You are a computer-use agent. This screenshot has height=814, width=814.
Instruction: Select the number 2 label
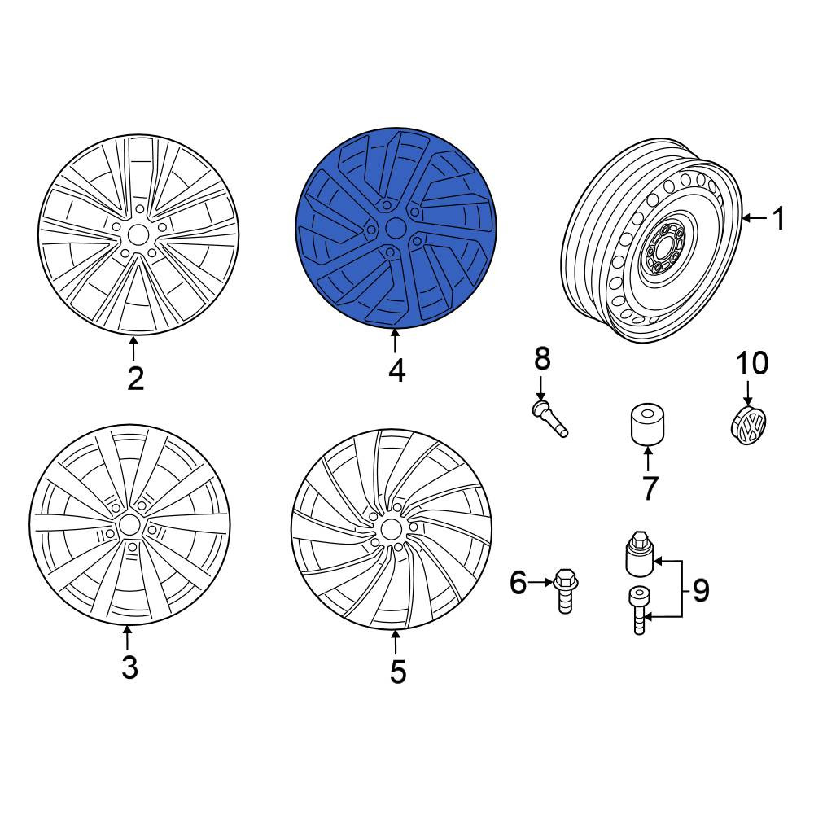click(135, 379)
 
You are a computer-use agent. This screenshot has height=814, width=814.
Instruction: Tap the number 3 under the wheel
click(129, 667)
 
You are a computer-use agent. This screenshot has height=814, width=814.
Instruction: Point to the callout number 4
click(396, 370)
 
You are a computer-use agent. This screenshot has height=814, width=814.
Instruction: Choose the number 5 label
click(398, 672)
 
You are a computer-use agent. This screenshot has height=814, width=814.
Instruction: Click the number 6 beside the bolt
click(518, 583)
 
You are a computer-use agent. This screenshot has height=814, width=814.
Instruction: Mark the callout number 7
click(650, 488)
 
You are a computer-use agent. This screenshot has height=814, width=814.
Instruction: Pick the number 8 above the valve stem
click(542, 358)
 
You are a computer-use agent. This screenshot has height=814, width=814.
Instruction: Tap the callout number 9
click(701, 590)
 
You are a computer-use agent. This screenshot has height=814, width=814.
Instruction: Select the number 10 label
click(752, 363)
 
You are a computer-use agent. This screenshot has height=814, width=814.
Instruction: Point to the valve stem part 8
click(550, 418)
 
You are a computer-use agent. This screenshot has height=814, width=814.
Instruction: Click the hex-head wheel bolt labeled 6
click(564, 591)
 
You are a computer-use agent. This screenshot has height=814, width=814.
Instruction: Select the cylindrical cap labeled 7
click(647, 424)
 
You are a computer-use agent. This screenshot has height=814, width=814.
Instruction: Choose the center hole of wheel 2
click(138, 235)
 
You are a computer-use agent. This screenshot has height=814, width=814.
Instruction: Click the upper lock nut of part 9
click(640, 553)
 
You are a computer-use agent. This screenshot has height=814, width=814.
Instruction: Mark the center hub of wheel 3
click(129, 526)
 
